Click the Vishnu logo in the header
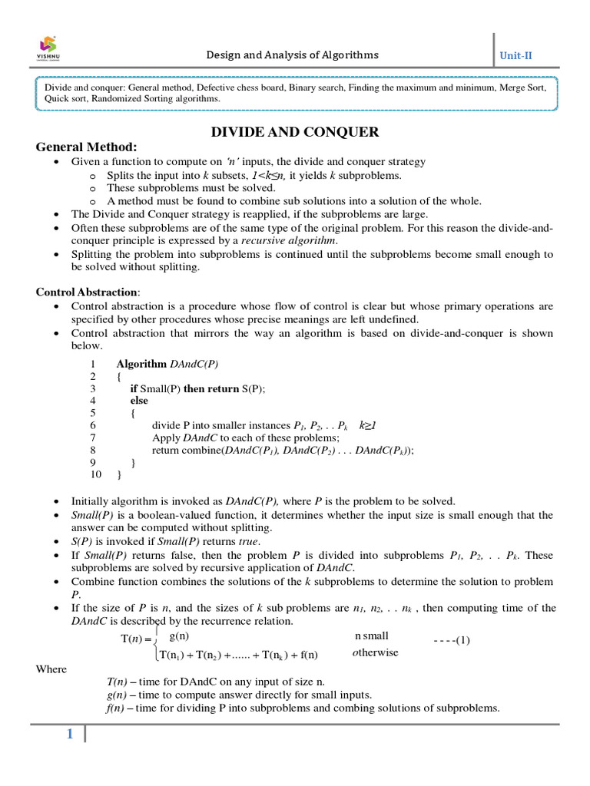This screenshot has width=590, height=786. coord(48,48)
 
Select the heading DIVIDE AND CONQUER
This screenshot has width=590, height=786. coord(295,132)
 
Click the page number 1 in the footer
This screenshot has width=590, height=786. coord(70,735)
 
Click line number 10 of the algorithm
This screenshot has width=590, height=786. coord(96,474)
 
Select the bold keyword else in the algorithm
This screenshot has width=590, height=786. coord(139,401)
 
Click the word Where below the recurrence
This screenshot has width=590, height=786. coord(51,669)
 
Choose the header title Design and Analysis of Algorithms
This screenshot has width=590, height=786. coord(291,55)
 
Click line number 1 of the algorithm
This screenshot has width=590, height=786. coord(93,364)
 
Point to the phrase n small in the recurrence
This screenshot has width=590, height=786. coord(371,636)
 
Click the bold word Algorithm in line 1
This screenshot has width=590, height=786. coord(141,364)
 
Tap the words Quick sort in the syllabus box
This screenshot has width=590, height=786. coord(67,99)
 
